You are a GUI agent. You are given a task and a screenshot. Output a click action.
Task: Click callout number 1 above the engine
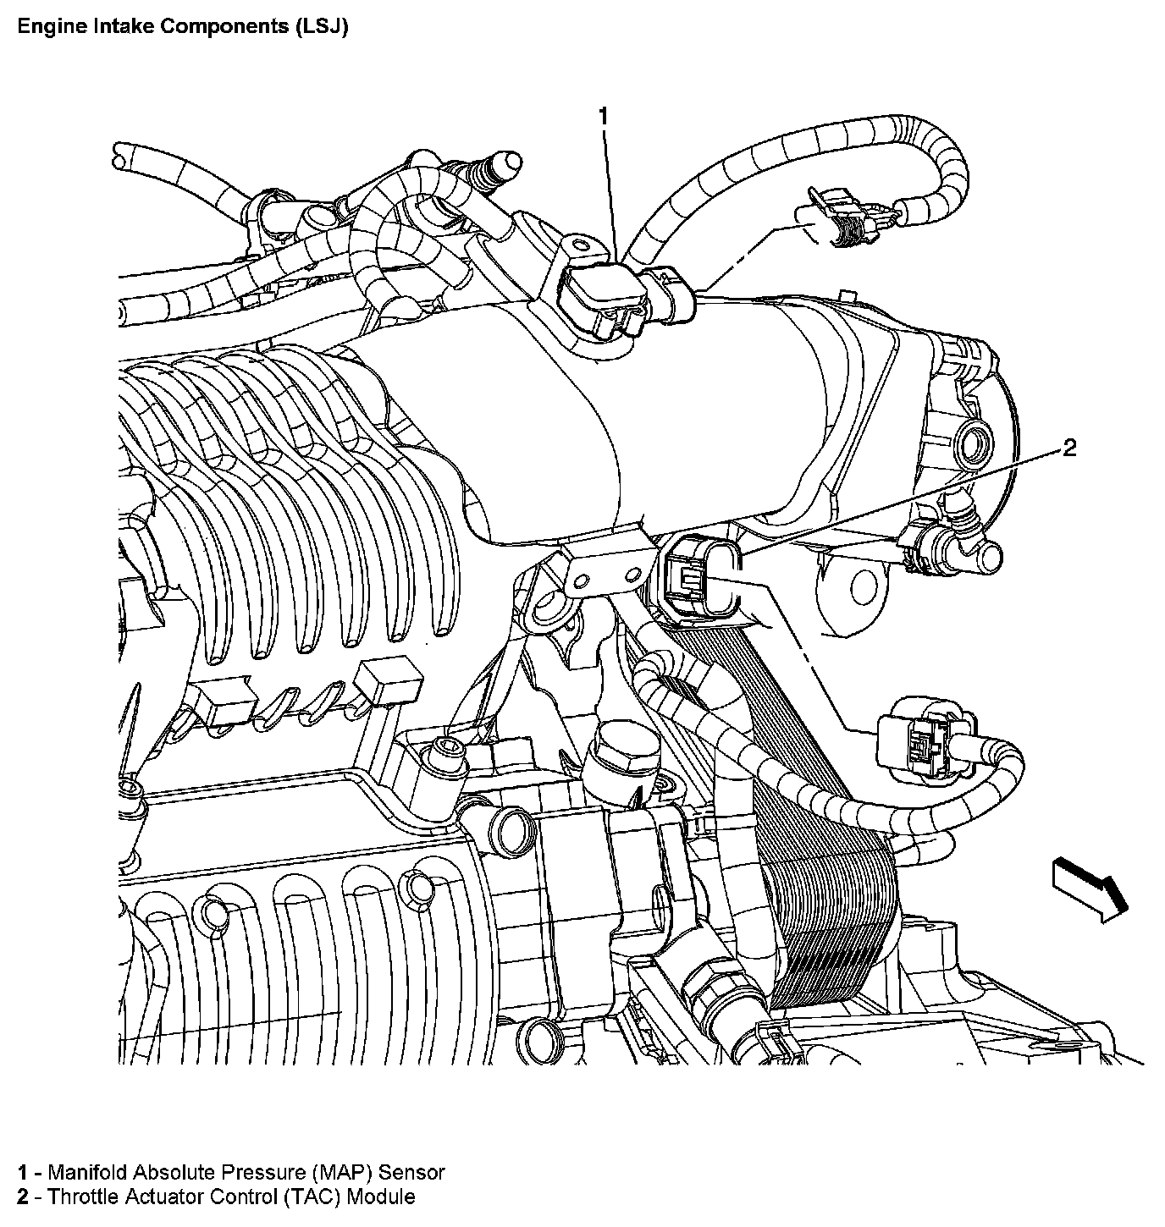click(604, 116)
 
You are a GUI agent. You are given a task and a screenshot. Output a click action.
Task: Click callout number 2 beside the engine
click(1069, 448)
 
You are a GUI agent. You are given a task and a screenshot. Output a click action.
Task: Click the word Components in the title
click(223, 27)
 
